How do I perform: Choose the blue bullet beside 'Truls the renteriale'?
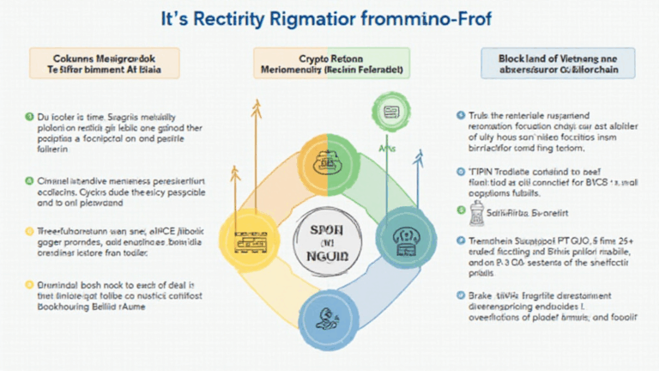459,114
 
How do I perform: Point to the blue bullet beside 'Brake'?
459,295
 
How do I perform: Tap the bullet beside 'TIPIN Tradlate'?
459,171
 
